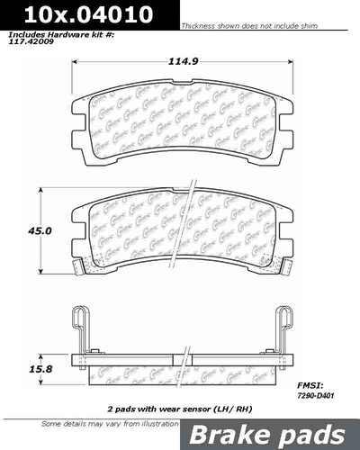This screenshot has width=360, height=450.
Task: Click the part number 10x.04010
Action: [56, 14]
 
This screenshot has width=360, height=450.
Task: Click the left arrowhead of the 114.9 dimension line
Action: [72, 72]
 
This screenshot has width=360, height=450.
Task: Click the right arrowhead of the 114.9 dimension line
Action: [294, 72]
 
